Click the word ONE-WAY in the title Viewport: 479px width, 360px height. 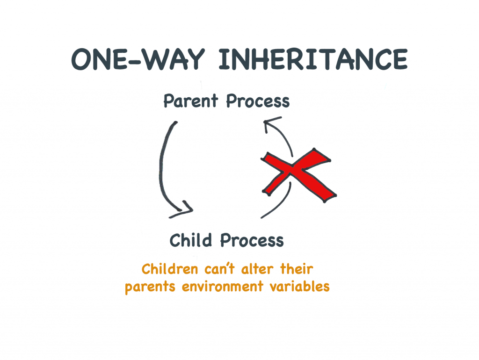click(x=138, y=59)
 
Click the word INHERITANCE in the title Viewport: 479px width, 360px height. click(x=313, y=59)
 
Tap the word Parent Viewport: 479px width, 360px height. click(x=191, y=101)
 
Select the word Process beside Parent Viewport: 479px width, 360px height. click(x=258, y=101)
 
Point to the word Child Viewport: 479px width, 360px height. click(x=191, y=240)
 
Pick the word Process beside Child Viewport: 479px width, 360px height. click(x=252, y=241)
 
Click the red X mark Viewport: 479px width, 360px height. click(x=299, y=175)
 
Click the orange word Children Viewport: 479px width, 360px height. click(x=170, y=269)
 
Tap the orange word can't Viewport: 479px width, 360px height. click(x=220, y=269)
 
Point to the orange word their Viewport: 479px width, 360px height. click(x=297, y=269)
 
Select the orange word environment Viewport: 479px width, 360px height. click(x=222, y=287)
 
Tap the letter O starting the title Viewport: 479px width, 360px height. click(x=81, y=59)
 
